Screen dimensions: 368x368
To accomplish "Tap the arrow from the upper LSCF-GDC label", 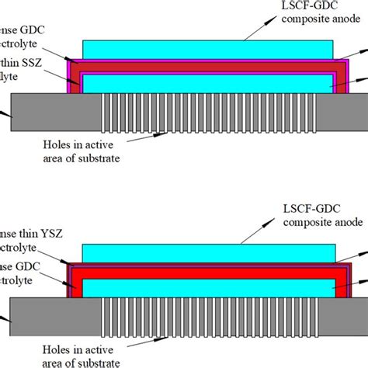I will (252, 30).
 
